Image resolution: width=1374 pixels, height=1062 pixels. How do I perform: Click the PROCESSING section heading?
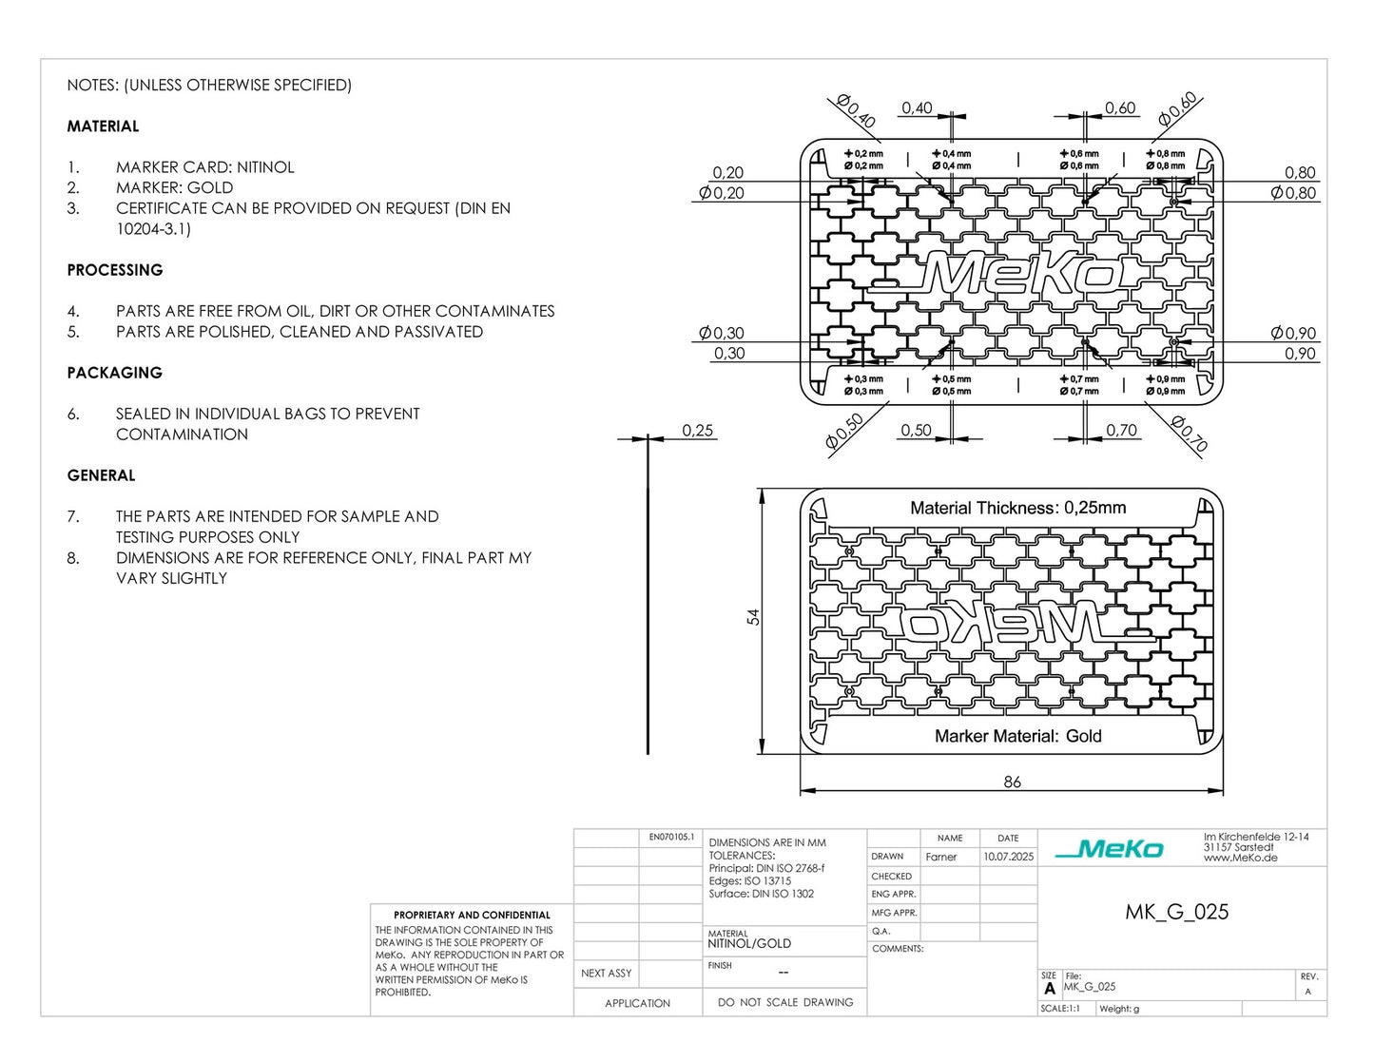(x=114, y=270)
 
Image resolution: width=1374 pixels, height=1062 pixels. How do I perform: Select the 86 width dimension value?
(x=1012, y=782)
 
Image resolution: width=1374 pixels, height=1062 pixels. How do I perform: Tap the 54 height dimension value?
(x=753, y=617)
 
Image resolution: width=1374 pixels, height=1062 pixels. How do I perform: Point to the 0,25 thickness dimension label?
(x=697, y=431)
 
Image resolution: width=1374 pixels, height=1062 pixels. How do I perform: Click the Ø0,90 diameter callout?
(x=1293, y=333)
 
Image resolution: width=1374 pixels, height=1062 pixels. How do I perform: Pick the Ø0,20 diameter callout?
(x=722, y=193)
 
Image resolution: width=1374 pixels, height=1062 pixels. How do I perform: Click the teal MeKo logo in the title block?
(x=1109, y=848)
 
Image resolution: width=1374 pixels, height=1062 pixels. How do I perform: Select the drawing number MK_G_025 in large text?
(x=1176, y=912)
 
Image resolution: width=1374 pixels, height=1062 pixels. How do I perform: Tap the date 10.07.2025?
(x=1008, y=857)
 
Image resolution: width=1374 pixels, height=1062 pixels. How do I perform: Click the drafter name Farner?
(x=940, y=857)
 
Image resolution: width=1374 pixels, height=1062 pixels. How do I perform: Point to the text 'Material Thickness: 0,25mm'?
(x=1017, y=508)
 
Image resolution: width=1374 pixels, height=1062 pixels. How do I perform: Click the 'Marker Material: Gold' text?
(x=1017, y=736)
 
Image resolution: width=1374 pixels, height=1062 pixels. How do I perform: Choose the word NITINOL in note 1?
(x=265, y=167)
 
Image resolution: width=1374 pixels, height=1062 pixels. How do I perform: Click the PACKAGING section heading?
(x=114, y=373)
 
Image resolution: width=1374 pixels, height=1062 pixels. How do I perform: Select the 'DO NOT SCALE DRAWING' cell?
(x=784, y=1002)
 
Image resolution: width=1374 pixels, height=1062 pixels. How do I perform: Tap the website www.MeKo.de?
(x=1240, y=858)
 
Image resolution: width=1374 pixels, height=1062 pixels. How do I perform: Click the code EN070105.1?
(x=671, y=837)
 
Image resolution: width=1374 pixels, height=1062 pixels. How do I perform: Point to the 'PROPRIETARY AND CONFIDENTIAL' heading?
(x=472, y=915)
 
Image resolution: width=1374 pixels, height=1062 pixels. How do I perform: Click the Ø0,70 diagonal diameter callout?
(x=1189, y=434)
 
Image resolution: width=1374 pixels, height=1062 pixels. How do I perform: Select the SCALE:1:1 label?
(x=1060, y=1008)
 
